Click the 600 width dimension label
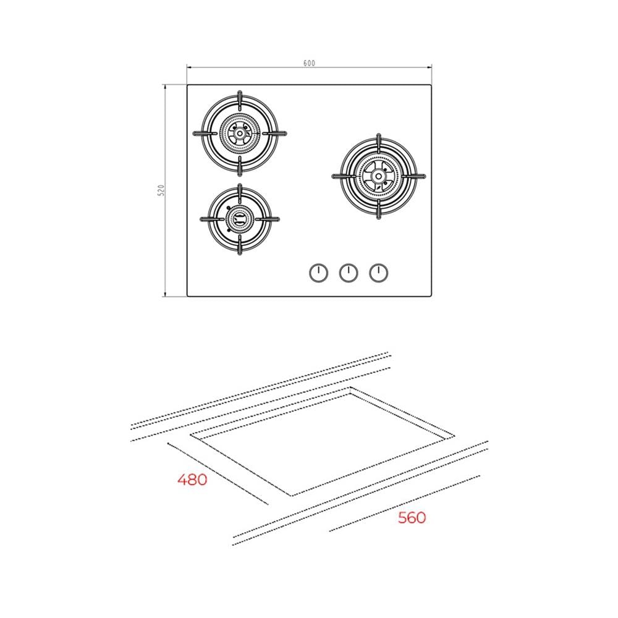point(309,63)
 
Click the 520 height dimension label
point(161,190)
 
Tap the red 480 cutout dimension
point(192,480)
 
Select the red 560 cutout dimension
point(412,517)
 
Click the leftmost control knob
point(318,273)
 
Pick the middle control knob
point(349,273)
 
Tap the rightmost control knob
point(378,273)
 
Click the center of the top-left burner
point(240,133)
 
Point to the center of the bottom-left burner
point(240,219)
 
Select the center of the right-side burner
point(378,176)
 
